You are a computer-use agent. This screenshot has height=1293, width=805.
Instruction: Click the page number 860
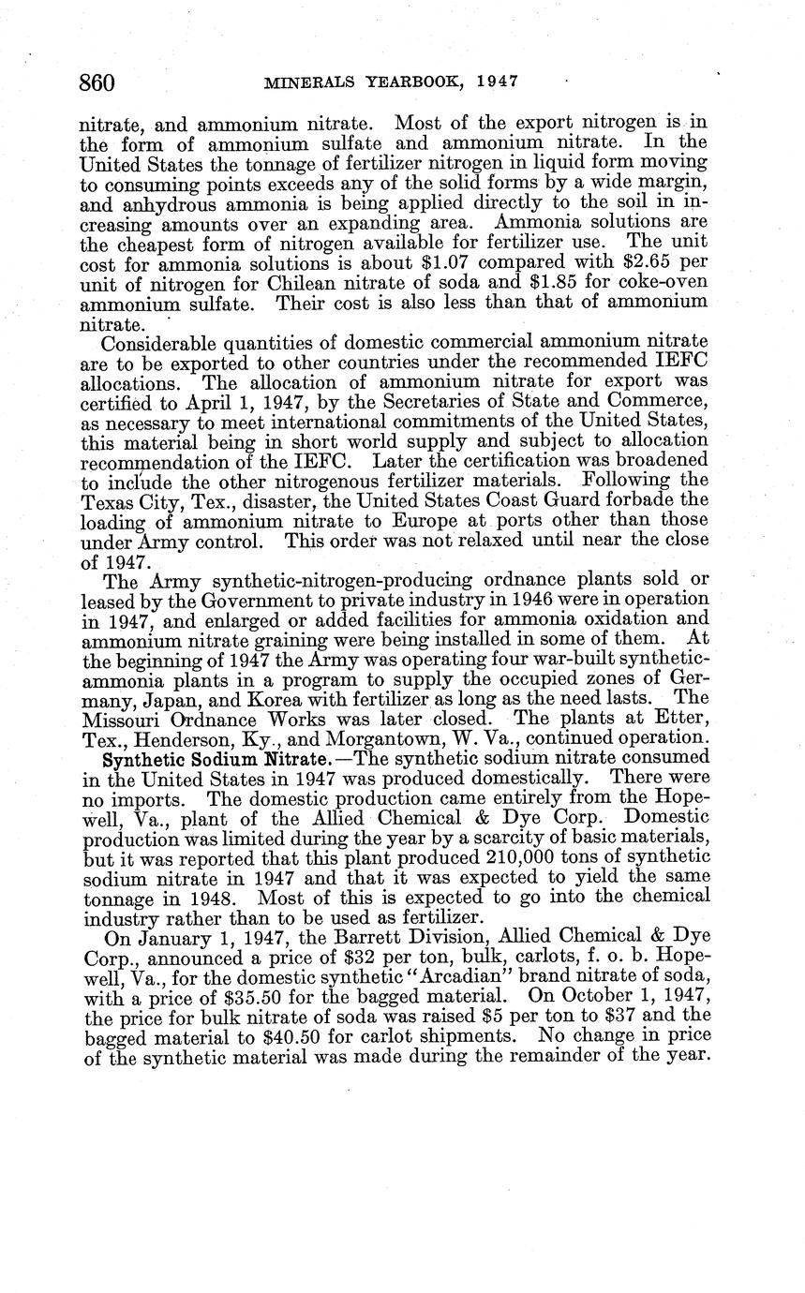click(97, 83)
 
